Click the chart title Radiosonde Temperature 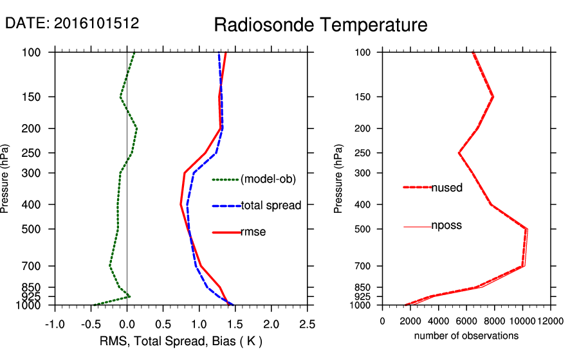(320, 25)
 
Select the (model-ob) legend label (268, 179)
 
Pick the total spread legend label (271, 206)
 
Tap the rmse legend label (253, 231)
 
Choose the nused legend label (446, 188)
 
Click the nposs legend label (446, 226)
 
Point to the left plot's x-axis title (181, 340)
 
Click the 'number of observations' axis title (466, 336)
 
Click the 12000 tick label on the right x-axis (550, 321)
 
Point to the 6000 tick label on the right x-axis (466, 321)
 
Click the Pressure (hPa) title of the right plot (338, 179)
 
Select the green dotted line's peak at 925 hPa (130, 296)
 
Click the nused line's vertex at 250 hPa (459, 153)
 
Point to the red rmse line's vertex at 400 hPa (181, 204)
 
